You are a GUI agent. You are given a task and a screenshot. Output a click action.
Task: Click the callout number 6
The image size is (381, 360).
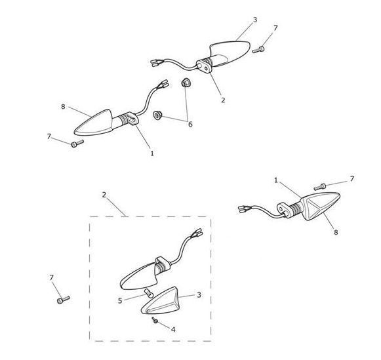[x=190, y=124]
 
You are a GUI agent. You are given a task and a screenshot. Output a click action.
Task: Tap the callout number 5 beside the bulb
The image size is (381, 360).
[x=120, y=301]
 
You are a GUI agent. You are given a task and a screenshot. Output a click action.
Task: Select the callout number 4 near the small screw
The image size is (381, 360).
[x=173, y=330]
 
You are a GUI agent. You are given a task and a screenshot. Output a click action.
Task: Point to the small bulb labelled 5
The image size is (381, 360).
[x=148, y=293]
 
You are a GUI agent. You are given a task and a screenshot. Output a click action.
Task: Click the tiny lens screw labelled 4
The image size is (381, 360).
[x=155, y=321]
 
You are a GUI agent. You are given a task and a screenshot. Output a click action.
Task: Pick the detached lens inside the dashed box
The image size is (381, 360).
[x=161, y=301]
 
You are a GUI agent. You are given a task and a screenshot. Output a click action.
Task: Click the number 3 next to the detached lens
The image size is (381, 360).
[x=199, y=295]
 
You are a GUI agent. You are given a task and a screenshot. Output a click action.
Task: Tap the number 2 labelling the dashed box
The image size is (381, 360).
[x=104, y=195]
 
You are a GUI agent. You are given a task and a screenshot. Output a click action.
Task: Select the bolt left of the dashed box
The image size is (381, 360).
[x=63, y=300]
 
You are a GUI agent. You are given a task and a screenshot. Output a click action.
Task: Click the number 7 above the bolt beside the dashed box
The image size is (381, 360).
[x=51, y=277]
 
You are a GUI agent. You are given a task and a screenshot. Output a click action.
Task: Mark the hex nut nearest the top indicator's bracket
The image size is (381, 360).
[x=186, y=83]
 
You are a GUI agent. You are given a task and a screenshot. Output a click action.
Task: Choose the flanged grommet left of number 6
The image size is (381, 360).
[x=157, y=115]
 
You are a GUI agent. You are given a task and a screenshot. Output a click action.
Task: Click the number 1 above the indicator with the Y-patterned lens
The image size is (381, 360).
[x=276, y=180]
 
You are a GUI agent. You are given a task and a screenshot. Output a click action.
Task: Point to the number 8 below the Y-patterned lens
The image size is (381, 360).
[x=336, y=233]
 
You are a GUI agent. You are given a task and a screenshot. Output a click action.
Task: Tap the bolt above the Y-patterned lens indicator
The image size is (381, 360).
[x=319, y=187]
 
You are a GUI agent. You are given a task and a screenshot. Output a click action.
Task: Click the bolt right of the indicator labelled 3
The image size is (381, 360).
[x=258, y=50]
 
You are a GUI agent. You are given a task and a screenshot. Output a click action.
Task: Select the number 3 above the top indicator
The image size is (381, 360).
[x=255, y=20]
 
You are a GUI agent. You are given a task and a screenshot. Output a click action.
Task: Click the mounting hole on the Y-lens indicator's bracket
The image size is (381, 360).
[x=281, y=209]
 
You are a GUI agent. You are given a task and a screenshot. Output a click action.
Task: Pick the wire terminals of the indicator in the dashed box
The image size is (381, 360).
[x=197, y=233]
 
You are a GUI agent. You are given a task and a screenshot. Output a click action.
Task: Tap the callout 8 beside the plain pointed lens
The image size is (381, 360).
[x=63, y=107]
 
